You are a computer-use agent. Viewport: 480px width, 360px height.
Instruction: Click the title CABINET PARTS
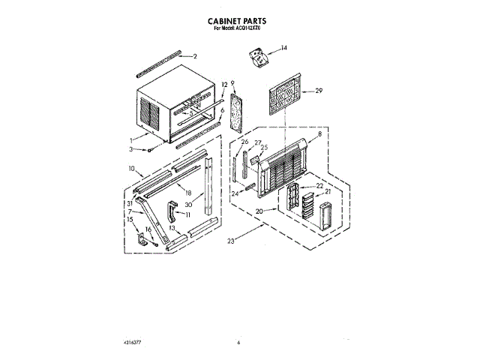pyautogui.click(x=239, y=22)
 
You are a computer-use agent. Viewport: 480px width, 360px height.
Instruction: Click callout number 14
pyautogui.click(x=283, y=48)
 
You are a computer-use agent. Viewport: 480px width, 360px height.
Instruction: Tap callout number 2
pyautogui.click(x=194, y=56)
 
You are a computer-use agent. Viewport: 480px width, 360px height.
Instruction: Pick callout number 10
pyautogui.click(x=131, y=169)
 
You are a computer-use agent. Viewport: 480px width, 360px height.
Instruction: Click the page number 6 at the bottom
pyautogui.click(x=238, y=343)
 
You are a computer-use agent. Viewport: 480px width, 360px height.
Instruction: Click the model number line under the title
pyautogui.click(x=239, y=29)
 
